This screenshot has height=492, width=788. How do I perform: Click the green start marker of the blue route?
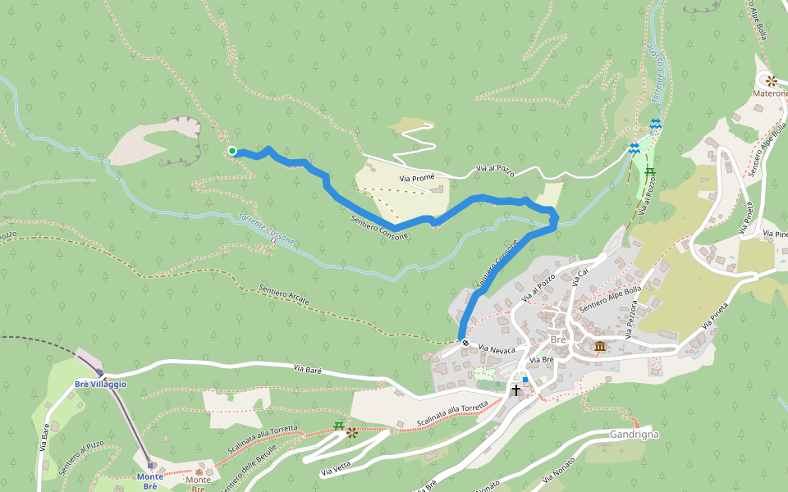(232, 151)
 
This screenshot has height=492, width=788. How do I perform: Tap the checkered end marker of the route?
(465, 343)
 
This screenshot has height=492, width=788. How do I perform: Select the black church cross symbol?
(516, 389)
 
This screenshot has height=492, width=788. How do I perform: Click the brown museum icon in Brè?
(600, 347)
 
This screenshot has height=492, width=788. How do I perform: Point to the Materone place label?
(770, 93)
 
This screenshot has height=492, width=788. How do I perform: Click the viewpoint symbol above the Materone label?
(772, 80)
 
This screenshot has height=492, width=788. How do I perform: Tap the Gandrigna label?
(635, 434)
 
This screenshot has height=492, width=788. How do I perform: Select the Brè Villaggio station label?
(100, 384)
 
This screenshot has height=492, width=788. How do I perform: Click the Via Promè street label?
(416, 178)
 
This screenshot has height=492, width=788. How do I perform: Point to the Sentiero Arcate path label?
(284, 294)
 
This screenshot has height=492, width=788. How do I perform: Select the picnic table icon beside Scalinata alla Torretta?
(338, 426)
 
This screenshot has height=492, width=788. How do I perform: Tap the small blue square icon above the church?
(525, 380)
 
